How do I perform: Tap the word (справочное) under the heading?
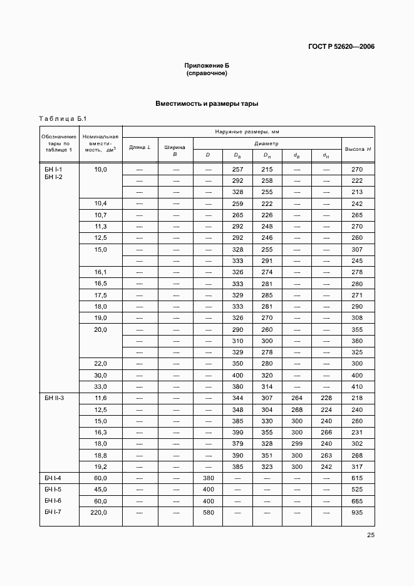coord(207,73)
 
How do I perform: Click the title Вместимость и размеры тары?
coord(207,104)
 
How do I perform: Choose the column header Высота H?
coord(358,148)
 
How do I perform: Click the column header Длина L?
coord(140,147)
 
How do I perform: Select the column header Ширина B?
coord(175,150)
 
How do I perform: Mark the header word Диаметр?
coord(267,143)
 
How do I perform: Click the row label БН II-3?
coord(56,398)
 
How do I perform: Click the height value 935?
coord(357,513)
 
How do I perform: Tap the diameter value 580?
coord(209,513)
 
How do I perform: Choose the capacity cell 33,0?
coord(100,386)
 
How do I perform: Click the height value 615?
coord(357,478)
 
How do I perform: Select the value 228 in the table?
coord(326,398)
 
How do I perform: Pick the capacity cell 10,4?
coord(100,203)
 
